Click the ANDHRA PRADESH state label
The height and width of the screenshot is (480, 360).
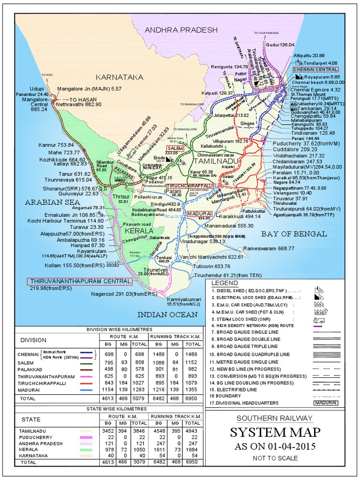181,30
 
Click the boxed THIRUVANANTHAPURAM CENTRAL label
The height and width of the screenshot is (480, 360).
79,281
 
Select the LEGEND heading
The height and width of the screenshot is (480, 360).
225,284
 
